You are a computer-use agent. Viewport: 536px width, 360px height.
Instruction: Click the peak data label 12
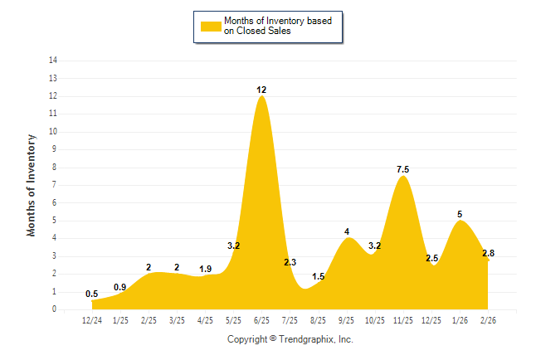pyautogui.click(x=261, y=89)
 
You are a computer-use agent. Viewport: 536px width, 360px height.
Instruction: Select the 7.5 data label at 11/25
pyautogui.click(x=403, y=169)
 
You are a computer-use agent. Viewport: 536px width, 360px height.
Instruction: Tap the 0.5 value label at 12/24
pyautogui.click(x=91, y=294)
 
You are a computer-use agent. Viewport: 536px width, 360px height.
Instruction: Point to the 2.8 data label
pyautogui.click(x=488, y=253)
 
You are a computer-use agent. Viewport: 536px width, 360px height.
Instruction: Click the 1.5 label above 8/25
pyautogui.click(x=319, y=276)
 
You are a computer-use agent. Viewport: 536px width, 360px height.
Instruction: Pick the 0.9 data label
pyautogui.click(x=120, y=287)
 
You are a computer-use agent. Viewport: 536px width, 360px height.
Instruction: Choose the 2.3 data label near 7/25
pyautogui.click(x=290, y=262)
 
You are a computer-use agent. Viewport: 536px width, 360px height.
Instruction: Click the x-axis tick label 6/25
pyautogui.click(x=261, y=319)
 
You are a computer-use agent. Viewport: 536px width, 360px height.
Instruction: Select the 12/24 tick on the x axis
pyautogui.click(x=92, y=319)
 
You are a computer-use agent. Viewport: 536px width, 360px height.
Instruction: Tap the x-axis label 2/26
pyautogui.click(x=488, y=319)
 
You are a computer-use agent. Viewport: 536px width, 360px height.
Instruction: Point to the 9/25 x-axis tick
pyautogui.click(x=347, y=319)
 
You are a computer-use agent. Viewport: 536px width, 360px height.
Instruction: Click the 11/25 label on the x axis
pyautogui.click(x=403, y=319)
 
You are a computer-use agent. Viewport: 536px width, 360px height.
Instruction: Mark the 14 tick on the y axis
pyautogui.click(x=53, y=61)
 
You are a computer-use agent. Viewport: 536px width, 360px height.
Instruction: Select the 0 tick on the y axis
pyautogui.click(x=55, y=309)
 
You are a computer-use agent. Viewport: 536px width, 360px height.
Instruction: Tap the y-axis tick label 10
pyautogui.click(x=53, y=132)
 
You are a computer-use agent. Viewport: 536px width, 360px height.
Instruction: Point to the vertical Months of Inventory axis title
pyautogui.click(x=32, y=185)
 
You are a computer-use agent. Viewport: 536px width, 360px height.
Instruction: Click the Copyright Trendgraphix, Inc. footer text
pyautogui.click(x=290, y=339)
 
